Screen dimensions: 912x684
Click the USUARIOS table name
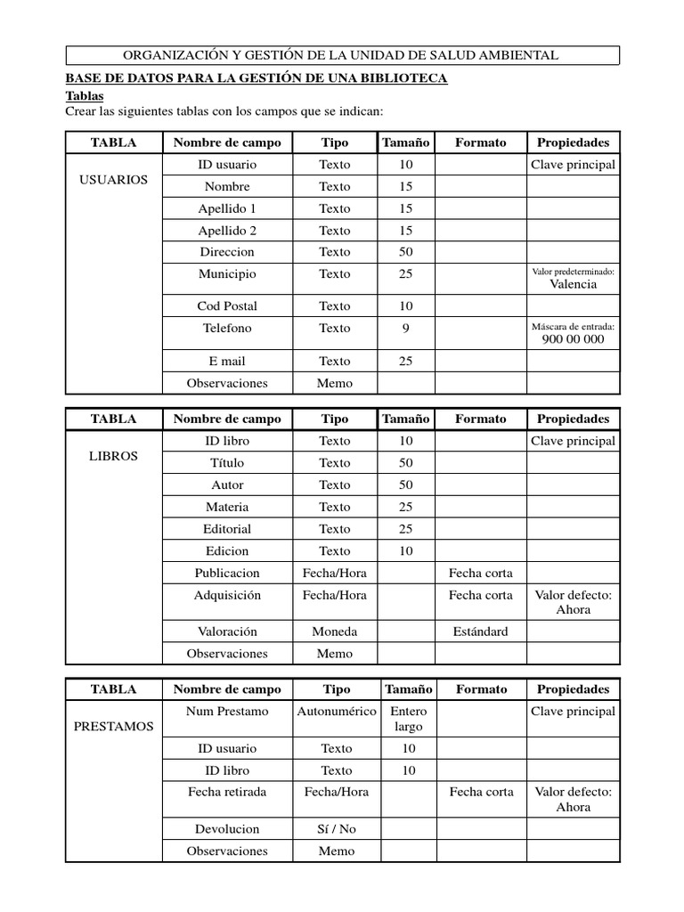[114, 180]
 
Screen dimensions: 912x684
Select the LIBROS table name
[114, 456]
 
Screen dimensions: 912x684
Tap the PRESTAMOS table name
[114, 727]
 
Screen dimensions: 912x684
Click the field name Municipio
[227, 274]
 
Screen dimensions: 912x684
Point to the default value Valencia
[573, 285]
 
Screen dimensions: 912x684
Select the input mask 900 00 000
[573, 339]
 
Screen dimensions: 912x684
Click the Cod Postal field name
[227, 306]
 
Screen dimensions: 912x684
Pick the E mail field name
[227, 362]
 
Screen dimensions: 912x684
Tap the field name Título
[227, 463]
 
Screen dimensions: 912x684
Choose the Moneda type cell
[335, 631]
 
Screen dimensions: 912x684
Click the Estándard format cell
[481, 631]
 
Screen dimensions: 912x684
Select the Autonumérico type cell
[336, 712]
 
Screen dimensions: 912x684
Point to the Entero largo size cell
[409, 720]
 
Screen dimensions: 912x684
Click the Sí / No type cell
[336, 829]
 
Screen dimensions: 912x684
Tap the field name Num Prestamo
[227, 712]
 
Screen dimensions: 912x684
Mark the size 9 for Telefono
[406, 329]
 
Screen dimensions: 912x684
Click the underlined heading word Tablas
[85, 95]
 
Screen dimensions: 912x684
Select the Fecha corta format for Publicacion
[481, 573]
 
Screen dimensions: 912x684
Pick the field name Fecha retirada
[227, 792]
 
